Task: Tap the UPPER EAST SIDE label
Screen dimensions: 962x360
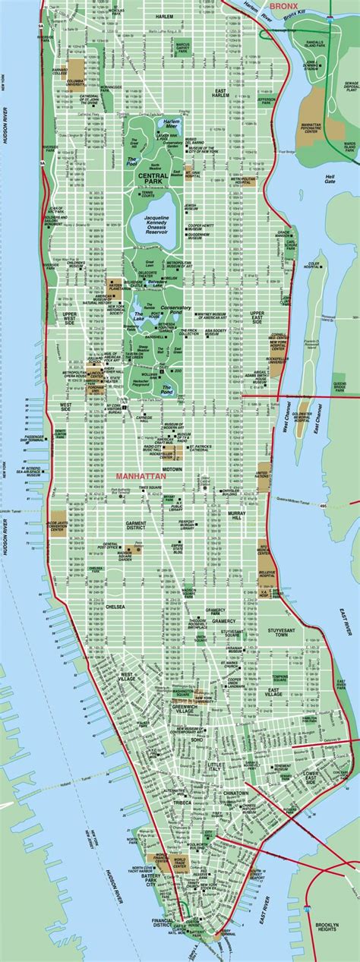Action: point(257,296)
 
